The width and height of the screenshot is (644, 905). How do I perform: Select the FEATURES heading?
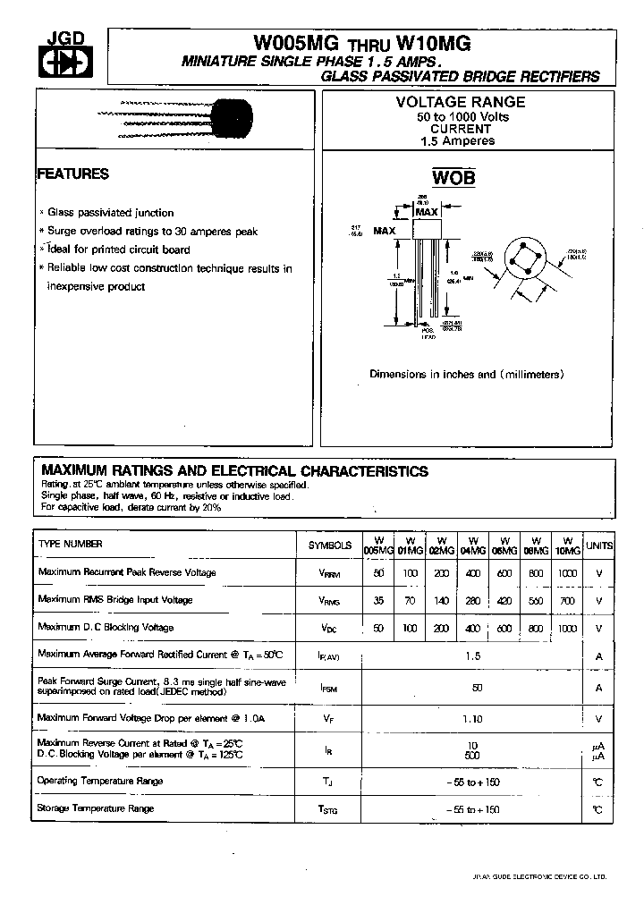pos(73,174)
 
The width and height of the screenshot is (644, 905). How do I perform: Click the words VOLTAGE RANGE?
pos(461,103)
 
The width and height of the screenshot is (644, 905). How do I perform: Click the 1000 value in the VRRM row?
pos(567,572)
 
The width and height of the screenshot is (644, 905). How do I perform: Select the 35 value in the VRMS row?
pos(379,600)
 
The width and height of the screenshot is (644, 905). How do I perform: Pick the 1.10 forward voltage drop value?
pos(472,718)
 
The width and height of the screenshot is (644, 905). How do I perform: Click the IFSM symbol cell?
pos(329,689)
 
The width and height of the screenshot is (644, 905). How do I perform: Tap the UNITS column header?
pos(599,545)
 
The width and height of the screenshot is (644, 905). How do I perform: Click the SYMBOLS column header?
pos(330,545)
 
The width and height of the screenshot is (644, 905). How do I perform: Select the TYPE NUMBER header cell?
pos(71,544)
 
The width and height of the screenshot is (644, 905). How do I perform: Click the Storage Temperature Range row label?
pos(96,808)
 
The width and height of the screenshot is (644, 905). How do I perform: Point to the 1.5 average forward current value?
pos(472,655)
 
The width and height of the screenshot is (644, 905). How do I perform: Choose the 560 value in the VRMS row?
pos(535,600)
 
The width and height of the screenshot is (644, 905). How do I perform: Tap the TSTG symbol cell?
pos(329,810)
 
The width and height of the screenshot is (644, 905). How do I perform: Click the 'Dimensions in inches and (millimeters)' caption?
pos(467,375)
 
